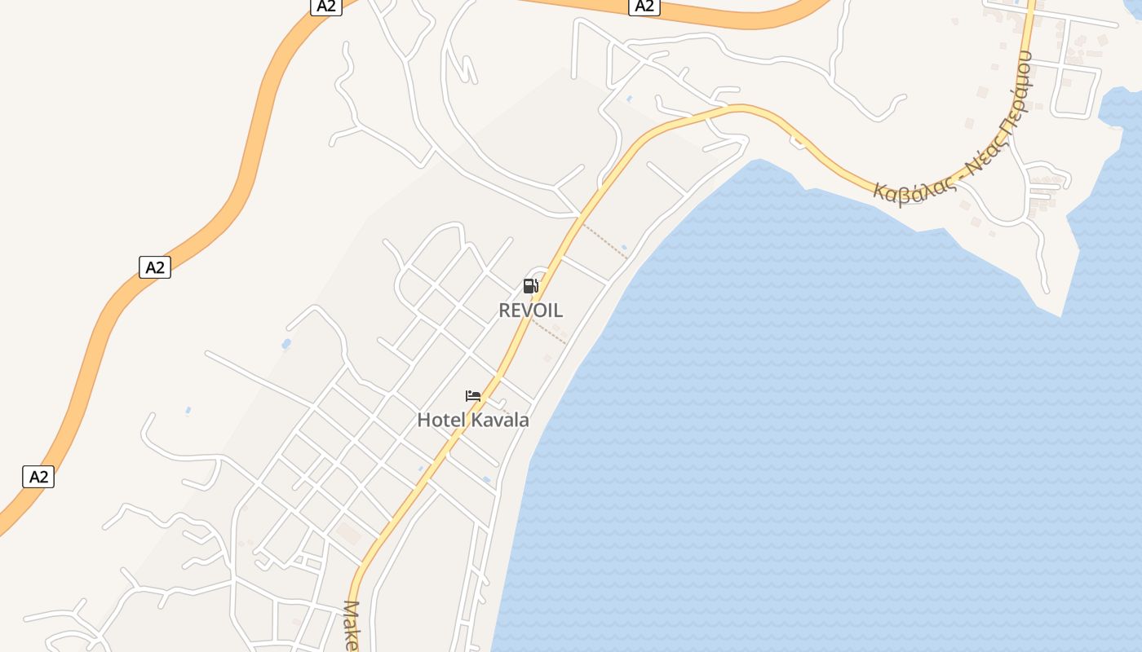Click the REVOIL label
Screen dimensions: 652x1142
pyautogui.click(x=530, y=311)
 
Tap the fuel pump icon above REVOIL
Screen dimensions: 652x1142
pyautogui.click(x=530, y=286)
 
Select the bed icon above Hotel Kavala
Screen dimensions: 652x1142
pyautogui.click(x=473, y=396)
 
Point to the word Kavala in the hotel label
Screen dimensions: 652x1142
pyautogui.click(x=500, y=421)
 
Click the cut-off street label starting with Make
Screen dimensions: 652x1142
pyautogui.click(x=352, y=626)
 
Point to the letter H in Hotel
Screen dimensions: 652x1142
pyautogui.click(x=423, y=421)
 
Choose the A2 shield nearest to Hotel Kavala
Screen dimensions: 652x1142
pyautogui.click(x=38, y=477)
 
